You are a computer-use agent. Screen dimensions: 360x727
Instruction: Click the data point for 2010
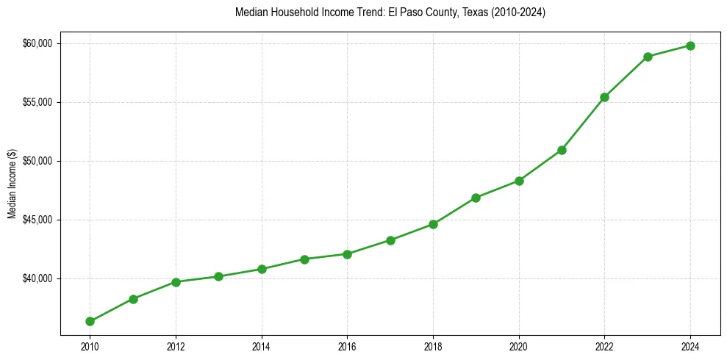[90, 321]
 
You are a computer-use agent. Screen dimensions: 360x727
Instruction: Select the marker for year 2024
[690, 46]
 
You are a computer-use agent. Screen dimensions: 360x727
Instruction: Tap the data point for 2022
[604, 97]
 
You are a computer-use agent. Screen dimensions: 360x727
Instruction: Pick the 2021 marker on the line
[562, 150]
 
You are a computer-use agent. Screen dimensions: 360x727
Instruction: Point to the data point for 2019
[476, 198]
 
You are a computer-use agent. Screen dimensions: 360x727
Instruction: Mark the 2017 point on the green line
[390, 240]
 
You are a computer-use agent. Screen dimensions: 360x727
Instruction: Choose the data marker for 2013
[218, 276]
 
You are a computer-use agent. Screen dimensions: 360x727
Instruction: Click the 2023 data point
[648, 57]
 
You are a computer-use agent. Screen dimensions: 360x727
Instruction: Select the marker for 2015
[304, 259]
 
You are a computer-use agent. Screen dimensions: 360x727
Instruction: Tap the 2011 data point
[133, 299]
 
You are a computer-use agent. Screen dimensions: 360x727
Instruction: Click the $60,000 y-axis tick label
[37, 43]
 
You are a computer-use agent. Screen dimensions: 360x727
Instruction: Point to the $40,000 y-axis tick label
[37, 278]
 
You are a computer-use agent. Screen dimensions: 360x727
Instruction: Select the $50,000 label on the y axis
[37, 161]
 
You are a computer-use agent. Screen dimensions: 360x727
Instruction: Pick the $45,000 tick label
[37, 220]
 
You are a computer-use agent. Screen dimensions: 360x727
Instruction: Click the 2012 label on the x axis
[176, 345]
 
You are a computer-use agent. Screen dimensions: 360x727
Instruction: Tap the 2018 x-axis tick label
[433, 345]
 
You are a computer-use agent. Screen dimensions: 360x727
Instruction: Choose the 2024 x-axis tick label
[690, 345]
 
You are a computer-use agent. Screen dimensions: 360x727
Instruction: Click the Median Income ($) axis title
[12, 183]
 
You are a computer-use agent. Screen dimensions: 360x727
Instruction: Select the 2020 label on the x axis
[519, 345]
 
